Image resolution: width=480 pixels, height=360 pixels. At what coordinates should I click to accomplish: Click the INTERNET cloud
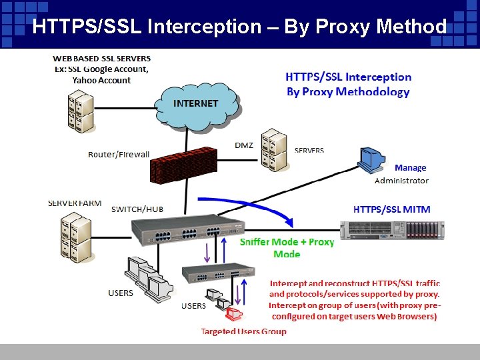pyautogui.click(x=196, y=104)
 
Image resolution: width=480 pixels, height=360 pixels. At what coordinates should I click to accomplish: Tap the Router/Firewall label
pyautogui.click(x=119, y=155)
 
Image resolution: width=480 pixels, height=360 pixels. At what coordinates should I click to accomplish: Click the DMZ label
pyautogui.click(x=244, y=145)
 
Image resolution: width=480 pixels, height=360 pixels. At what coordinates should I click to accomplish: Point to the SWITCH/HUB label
pyautogui.click(x=137, y=209)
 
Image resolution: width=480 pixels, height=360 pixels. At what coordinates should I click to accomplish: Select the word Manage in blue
pyautogui.click(x=410, y=168)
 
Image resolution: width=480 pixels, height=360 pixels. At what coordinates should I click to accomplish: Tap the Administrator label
pyautogui.click(x=401, y=181)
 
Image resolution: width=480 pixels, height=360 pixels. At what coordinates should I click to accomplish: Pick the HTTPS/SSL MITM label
pyautogui.click(x=391, y=209)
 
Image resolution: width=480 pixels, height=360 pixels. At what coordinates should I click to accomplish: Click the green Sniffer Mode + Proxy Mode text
pyautogui.click(x=287, y=248)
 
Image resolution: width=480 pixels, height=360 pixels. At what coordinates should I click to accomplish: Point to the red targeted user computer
pyautogui.click(x=233, y=314)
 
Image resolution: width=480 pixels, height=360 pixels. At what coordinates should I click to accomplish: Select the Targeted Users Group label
pyautogui.click(x=243, y=331)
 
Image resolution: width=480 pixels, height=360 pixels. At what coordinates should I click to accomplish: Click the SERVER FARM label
pyautogui.click(x=75, y=203)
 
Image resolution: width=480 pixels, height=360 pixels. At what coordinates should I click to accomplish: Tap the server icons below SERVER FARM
pyautogui.click(x=74, y=234)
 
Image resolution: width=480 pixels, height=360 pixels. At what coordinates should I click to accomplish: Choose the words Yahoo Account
pyautogui.click(x=101, y=81)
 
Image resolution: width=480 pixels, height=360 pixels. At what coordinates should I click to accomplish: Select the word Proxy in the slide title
pyautogui.click(x=347, y=27)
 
